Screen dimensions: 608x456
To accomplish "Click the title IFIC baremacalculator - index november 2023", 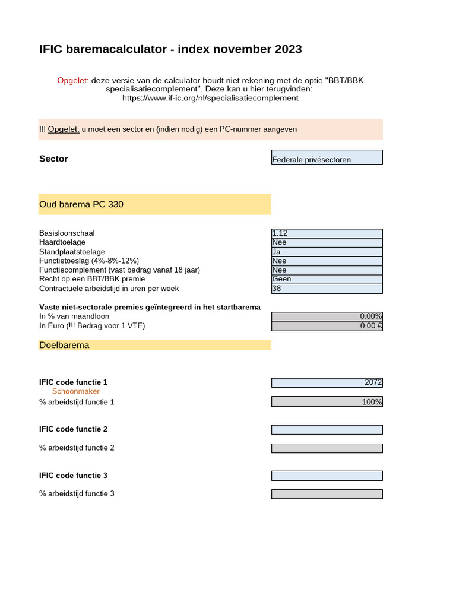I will point(170,49).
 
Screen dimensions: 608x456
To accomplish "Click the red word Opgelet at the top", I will point(72,80).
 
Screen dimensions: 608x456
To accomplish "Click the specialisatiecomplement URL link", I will point(210,98).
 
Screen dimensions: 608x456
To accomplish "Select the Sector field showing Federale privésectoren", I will point(327,158).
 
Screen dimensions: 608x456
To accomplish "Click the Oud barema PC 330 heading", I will point(81,204).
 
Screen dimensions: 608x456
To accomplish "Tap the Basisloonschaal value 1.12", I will point(327,233).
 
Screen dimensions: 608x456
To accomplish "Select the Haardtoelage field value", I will point(327,242).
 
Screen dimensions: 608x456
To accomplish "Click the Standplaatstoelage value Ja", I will point(327,252).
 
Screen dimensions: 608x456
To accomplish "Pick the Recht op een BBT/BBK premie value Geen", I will point(327,279).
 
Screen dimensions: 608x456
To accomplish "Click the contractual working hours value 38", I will point(327,289).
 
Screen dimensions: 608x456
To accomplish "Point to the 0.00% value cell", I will point(327,316).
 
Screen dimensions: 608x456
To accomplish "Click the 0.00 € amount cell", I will point(327,326).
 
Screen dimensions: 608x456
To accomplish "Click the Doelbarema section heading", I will point(64,345).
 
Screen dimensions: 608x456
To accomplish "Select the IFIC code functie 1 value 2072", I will point(327,382).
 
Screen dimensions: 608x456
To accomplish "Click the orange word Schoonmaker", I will point(76,392).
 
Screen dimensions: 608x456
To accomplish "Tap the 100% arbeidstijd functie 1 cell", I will point(327,402).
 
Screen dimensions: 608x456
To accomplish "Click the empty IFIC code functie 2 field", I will point(327,429).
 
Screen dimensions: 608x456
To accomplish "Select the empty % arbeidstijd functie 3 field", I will point(327,494).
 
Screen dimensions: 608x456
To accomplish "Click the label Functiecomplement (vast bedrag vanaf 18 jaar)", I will point(119,270).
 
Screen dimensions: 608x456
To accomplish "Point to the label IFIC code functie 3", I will point(73,476).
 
